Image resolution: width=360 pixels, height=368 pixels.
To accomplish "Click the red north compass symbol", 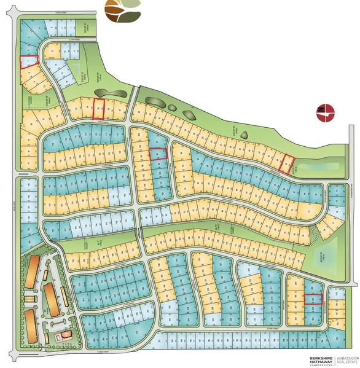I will (x=324, y=112).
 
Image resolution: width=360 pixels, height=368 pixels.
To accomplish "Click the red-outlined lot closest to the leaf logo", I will (x=98, y=108).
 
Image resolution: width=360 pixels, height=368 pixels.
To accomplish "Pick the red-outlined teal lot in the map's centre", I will (x=158, y=154).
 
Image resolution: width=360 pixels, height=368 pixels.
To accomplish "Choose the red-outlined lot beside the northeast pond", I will (x=287, y=163).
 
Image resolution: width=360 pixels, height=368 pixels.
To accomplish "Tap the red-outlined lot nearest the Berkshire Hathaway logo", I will (x=313, y=299).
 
